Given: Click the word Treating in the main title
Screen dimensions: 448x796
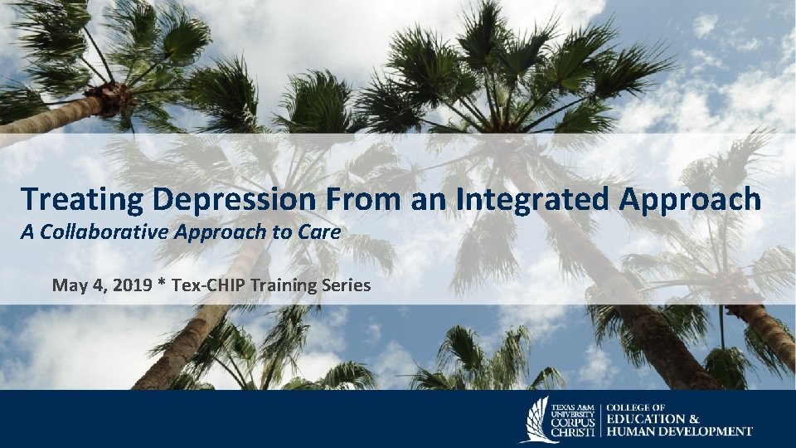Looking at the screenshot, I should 71,201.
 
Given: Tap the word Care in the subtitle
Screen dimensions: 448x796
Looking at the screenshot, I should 322,233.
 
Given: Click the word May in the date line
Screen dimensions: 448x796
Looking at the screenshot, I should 67,286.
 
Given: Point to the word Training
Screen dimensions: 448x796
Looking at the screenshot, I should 271,286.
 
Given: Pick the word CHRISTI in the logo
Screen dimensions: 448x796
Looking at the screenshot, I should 574,432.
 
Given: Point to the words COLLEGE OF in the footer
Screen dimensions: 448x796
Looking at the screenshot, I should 637,407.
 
